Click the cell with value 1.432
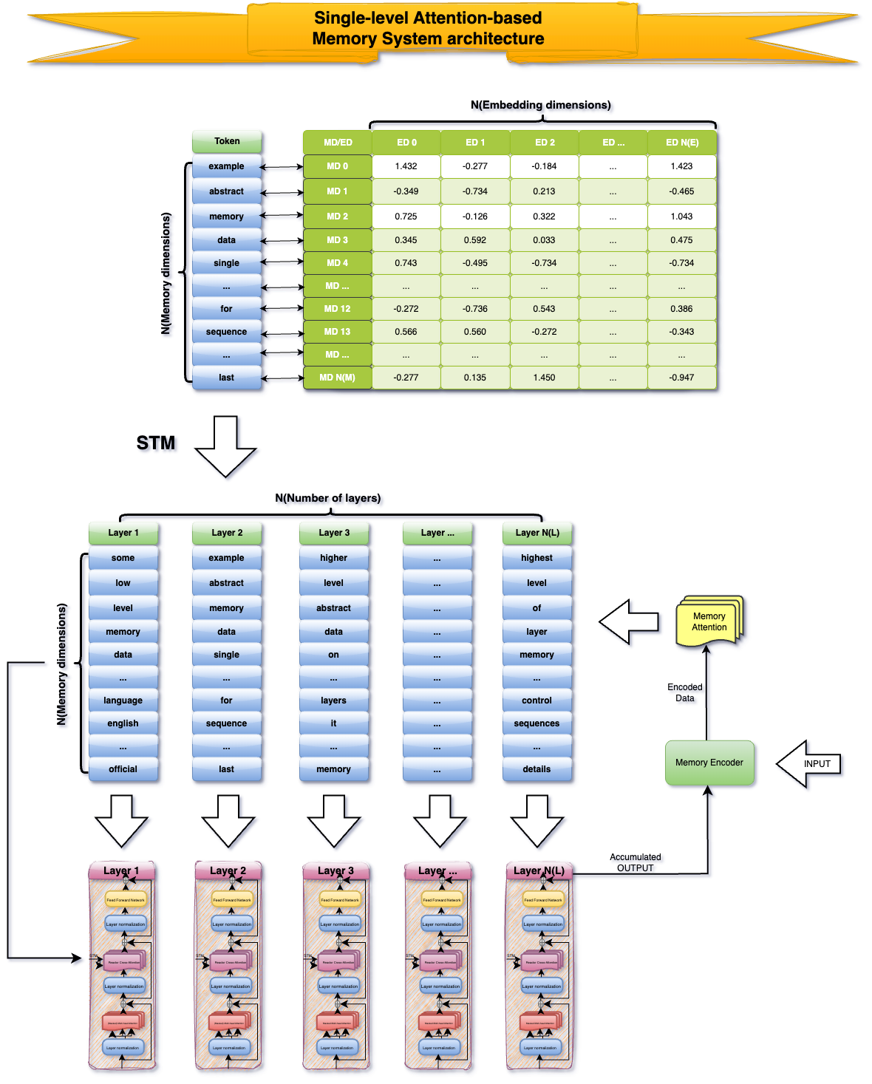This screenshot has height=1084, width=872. click(406, 166)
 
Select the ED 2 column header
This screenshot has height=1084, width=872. click(545, 142)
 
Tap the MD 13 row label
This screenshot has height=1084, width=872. click(337, 332)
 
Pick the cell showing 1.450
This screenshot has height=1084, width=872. click(544, 378)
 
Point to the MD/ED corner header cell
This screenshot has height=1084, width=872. click(338, 142)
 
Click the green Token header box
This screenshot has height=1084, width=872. click(227, 141)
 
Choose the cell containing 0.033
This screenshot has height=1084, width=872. click(544, 240)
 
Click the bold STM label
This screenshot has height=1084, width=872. click(156, 443)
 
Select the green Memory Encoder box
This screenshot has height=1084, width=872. click(709, 763)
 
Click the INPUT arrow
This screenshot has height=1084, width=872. click(810, 764)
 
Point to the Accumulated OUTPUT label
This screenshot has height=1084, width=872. click(636, 862)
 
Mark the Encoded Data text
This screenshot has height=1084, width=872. click(685, 692)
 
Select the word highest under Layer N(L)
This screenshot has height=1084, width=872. click(537, 558)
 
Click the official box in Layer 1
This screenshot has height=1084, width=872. click(123, 769)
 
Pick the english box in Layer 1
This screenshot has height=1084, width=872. click(123, 723)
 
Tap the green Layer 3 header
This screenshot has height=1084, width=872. click(334, 533)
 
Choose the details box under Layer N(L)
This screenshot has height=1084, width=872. click(537, 769)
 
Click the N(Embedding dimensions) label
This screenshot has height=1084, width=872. click(541, 105)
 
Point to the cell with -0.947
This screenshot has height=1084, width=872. click(681, 378)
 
